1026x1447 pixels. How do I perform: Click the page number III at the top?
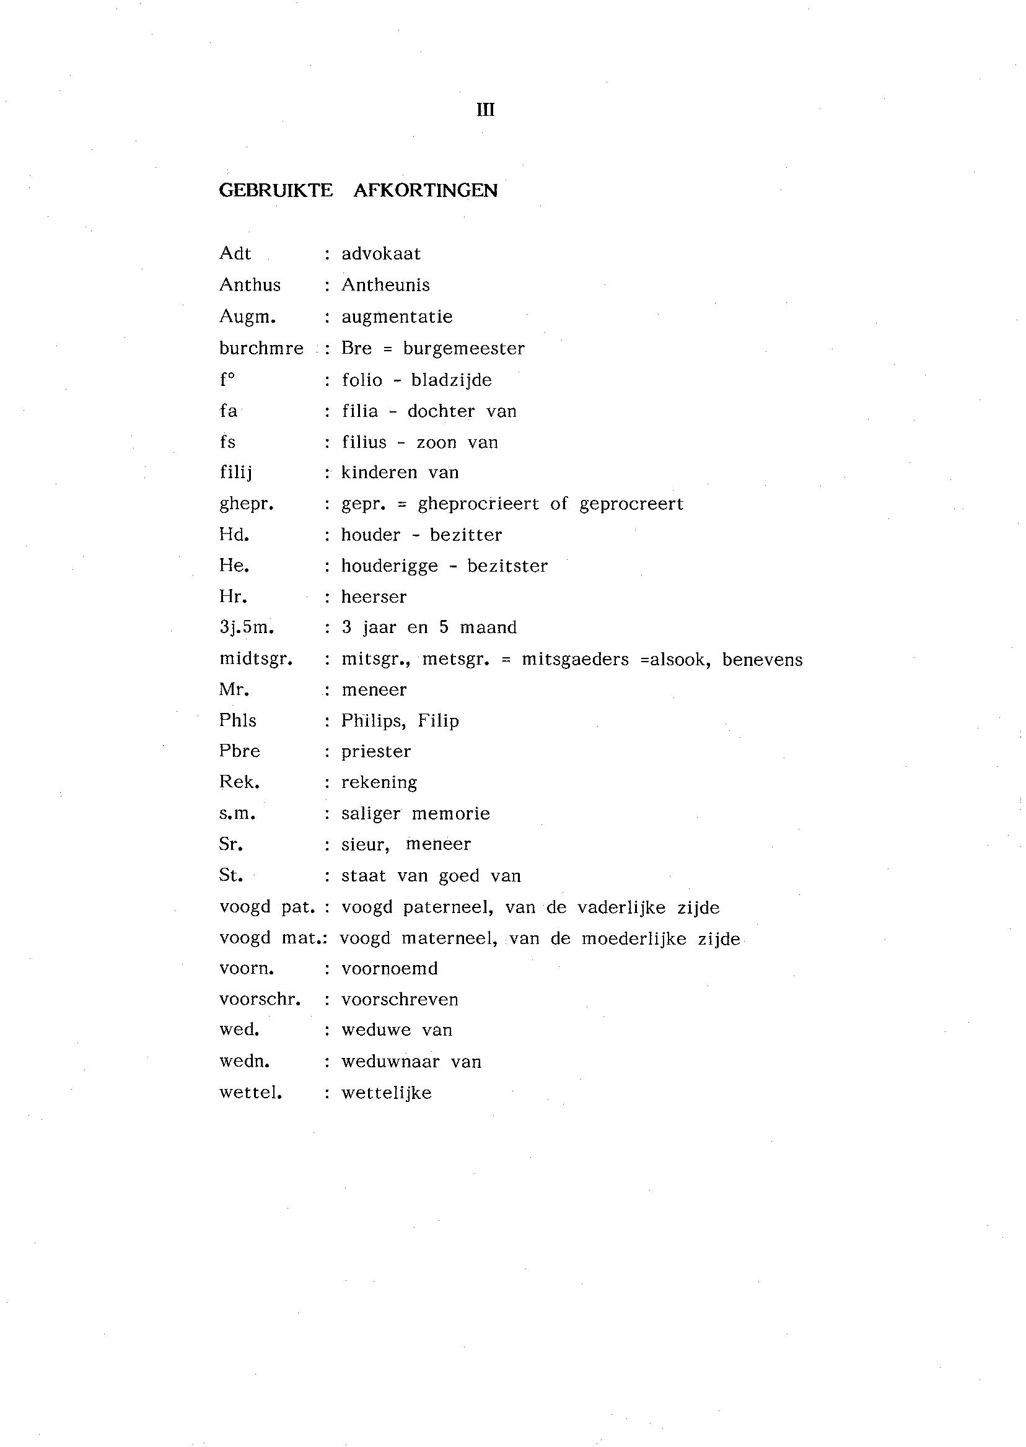(x=485, y=110)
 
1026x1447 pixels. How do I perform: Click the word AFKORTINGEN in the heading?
(x=425, y=190)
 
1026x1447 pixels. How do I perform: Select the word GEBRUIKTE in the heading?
(x=276, y=190)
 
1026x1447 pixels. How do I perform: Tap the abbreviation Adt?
(x=235, y=253)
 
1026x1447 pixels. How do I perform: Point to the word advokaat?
(x=381, y=253)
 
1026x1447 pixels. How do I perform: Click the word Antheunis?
(x=385, y=285)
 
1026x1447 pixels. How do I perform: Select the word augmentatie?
(x=397, y=317)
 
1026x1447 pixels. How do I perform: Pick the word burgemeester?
(x=463, y=348)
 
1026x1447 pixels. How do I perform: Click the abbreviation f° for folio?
(x=227, y=380)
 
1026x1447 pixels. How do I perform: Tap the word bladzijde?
(x=451, y=380)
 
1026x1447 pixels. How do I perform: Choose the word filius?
(x=364, y=442)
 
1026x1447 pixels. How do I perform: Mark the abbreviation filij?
(x=235, y=473)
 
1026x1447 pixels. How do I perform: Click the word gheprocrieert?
(x=478, y=504)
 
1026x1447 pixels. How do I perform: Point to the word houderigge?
(x=389, y=566)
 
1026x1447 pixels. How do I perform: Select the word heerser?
(x=374, y=597)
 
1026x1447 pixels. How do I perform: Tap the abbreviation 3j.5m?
(x=247, y=627)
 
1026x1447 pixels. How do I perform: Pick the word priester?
(x=376, y=751)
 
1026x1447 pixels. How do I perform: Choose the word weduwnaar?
(x=390, y=1061)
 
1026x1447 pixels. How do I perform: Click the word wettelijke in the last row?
(x=387, y=1093)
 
